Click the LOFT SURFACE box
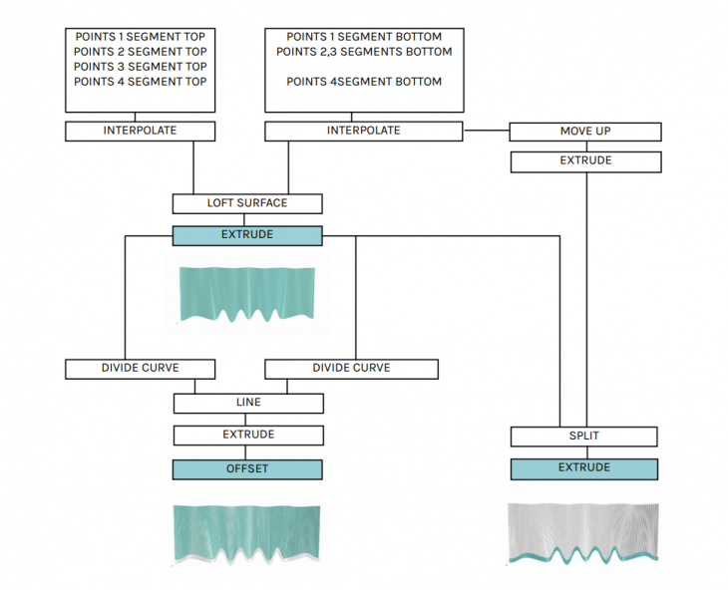click(x=247, y=203)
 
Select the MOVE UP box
click(x=585, y=132)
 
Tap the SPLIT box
click(x=584, y=437)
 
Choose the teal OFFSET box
click(x=247, y=469)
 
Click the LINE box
click(x=248, y=403)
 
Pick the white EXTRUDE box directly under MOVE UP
click(x=585, y=160)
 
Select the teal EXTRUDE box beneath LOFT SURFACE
click(x=247, y=236)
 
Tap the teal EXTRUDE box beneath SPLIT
click(x=584, y=468)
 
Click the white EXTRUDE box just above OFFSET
click(x=248, y=436)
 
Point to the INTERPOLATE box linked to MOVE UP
click(x=364, y=131)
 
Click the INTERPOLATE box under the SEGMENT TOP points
click(x=141, y=131)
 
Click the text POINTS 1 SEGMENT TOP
click(x=141, y=37)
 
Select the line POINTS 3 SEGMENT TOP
click(x=141, y=67)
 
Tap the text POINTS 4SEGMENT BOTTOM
click(x=364, y=82)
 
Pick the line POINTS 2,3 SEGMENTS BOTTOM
click(x=364, y=52)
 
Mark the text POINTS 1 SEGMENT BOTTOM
click(x=364, y=37)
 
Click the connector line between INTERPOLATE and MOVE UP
click(x=486, y=131)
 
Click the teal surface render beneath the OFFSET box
click(x=248, y=533)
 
